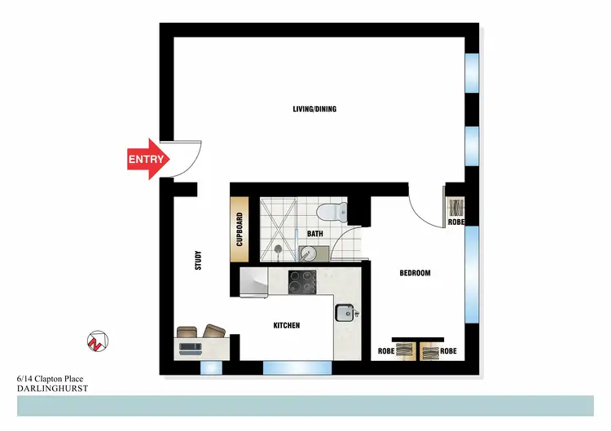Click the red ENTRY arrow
tap(147, 160)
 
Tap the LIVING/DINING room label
tap(314, 109)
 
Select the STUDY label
tap(198, 260)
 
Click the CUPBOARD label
tap(240, 230)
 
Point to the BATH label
tap(315, 234)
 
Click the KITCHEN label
tap(286, 325)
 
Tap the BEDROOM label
tap(414, 273)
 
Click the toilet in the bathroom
tap(331, 212)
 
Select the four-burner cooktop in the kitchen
tap(303, 282)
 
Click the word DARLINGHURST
tap(52, 389)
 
